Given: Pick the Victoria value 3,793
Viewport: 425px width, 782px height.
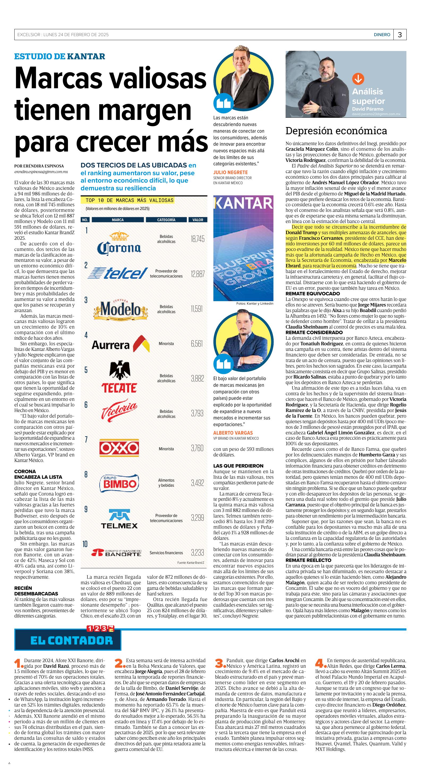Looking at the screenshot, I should tap(197, 413).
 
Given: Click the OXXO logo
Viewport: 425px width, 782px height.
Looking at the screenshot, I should tap(119, 448).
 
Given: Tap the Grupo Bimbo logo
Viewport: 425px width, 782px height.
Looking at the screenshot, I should tap(119, 483).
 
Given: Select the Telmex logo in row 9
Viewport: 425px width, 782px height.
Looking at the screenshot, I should tap(119, 519).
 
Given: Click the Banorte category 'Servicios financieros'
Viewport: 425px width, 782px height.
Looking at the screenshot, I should tap(166, 553).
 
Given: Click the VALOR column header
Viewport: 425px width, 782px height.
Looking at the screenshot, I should tap(198, 220).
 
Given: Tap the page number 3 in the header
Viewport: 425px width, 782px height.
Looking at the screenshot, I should tap(400, 35).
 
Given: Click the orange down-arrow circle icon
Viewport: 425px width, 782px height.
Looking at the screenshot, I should tap(358, 79).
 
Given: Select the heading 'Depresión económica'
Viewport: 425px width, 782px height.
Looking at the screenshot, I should tap(336, 131).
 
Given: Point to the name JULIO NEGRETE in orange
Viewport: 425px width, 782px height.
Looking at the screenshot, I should tap(230, 173).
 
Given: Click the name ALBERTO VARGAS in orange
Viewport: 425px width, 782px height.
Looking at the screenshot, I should tap(233, 433).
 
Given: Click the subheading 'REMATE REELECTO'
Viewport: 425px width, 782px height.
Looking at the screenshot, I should tap(308, 560).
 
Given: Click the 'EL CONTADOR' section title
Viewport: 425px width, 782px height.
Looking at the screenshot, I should tap(72, 641).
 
